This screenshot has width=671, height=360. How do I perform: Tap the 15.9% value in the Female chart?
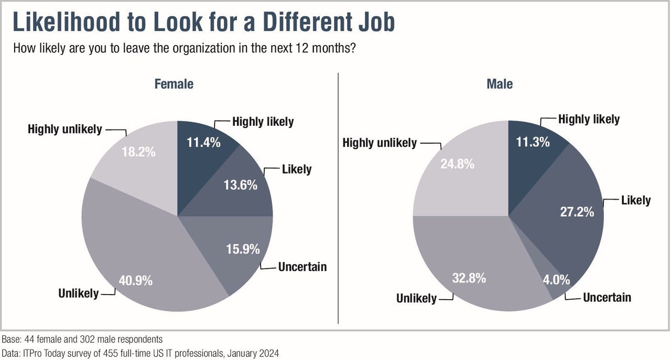(x=242, y=249)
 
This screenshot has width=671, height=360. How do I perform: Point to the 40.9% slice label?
(x=135, y=280)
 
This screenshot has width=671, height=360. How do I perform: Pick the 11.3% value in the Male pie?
(x=533, y=142)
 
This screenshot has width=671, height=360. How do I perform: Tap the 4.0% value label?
(x=556, y=280)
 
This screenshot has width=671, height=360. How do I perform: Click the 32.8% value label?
(x=469, y=278)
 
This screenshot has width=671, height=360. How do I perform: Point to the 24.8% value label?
(x=457, y=164)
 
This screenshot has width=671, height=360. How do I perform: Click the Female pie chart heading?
(x=174, y=84)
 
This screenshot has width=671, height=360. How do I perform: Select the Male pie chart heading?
(x=500, y=84)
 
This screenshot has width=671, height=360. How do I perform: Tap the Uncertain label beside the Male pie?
(x=607, y=298)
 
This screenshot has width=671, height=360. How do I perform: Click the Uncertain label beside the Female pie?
(x=302, y=267)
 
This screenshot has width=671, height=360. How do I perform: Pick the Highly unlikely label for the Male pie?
(x=380, y=143)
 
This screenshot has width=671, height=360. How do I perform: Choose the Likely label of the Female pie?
(x=296, y=169)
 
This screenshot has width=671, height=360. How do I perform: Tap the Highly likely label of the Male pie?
(x=589, y=119)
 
